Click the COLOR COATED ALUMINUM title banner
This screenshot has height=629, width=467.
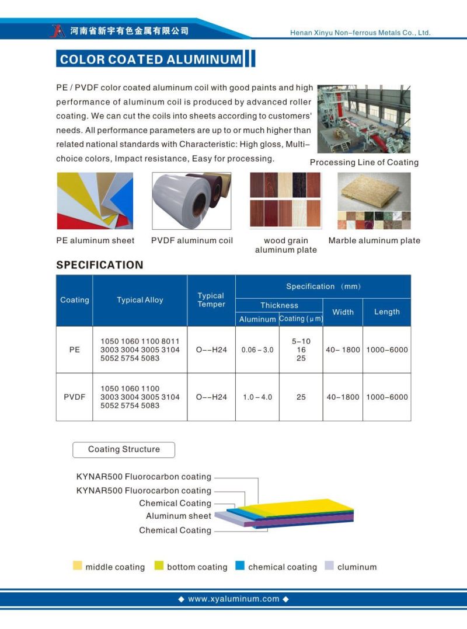[150, 59]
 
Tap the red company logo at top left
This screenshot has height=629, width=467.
[57, 30]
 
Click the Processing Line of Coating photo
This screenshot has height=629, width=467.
[363, 119]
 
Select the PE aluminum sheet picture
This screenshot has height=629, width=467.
[95, 201]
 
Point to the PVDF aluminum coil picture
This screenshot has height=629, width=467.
[191, 201]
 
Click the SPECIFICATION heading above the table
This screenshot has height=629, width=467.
[99, 265]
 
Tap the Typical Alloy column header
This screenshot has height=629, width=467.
[140, 300]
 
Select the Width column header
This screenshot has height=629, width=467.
[343, 312]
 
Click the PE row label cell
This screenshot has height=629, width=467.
[74, 350]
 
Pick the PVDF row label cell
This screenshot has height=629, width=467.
[74, 397]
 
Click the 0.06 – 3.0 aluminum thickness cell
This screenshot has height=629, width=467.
[257, 350]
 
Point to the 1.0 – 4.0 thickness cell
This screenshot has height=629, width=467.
[257, 397]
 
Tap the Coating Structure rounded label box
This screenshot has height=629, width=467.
[123, 449]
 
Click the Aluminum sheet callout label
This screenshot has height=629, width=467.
[178, 516]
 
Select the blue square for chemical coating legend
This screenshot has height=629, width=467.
[239, 566]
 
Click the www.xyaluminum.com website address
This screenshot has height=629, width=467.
[233, 599]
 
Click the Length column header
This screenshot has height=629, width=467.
[386, 312]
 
